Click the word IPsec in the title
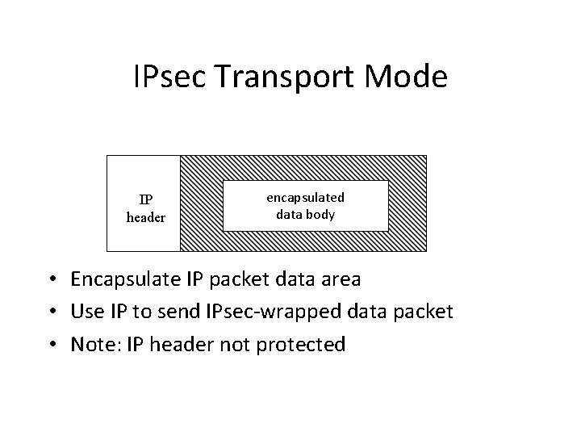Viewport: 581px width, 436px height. [x=173, y=78]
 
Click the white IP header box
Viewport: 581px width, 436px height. [x=144, y=203]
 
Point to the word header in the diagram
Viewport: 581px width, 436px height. [x=146, y=217]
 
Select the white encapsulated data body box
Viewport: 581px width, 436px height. [x=306, y=205]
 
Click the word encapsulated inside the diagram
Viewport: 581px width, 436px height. [x=306, y=198]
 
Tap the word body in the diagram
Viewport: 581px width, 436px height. [x=322, y=215]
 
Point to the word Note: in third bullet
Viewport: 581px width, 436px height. [x=94, y=345]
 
